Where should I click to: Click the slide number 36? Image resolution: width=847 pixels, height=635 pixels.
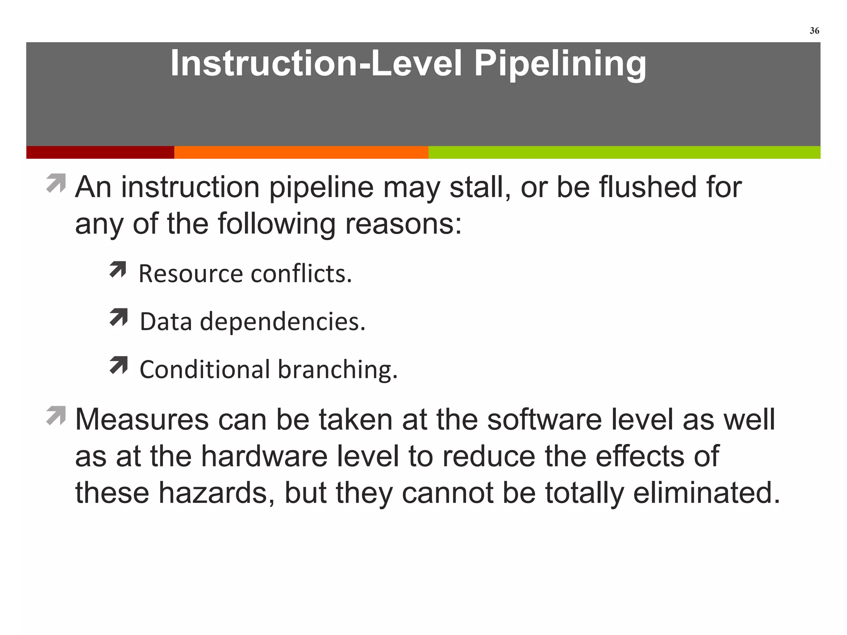point(814,31)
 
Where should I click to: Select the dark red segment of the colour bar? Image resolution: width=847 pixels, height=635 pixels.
point(100,152)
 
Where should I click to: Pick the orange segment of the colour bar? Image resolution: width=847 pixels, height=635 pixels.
point(301,152)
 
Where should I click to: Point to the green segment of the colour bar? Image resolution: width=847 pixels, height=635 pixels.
point(624,152)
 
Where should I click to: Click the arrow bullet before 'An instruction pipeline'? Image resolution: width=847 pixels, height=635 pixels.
point(56,183)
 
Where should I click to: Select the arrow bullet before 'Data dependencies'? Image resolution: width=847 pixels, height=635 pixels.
point(118,317)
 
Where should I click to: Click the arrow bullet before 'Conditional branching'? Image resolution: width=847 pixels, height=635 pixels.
point(118,365)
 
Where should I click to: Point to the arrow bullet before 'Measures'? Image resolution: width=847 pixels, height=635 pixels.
point(56,415)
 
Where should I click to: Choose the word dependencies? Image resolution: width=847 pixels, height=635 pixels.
point(283,322)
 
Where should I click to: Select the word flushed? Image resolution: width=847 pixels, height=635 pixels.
point(648,187)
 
